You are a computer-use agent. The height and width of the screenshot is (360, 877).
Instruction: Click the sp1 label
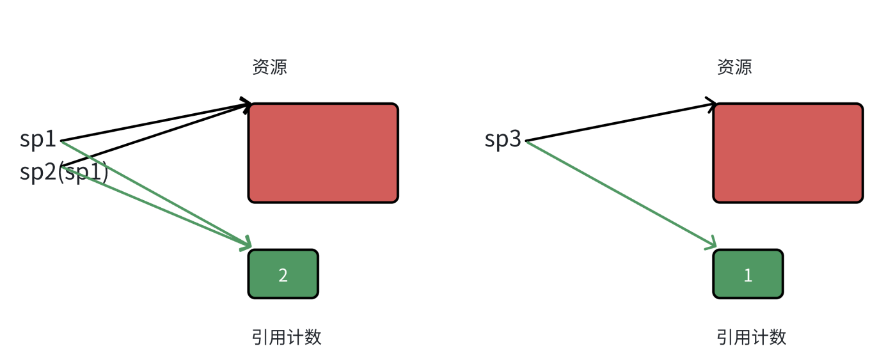pyautogui.click(x=38, y=139)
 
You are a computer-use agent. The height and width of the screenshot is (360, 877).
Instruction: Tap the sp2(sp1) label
pyautogui.click(x=64, y=173)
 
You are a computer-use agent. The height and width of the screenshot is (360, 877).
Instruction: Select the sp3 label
pyautogui.click(x=503, y=139)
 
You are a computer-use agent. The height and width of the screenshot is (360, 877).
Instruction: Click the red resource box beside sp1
pyautogui.click(x=323, y=153)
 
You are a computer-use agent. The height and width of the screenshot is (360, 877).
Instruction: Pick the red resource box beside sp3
pyautogui.click(x=788, y=153)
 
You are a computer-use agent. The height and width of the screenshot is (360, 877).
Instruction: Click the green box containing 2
pyautogui.click(x=283, y=274)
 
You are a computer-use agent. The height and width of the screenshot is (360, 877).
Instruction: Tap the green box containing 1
pyautogui.click(x=748, y=274)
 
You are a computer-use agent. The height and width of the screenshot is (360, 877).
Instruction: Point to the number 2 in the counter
pyautogui.click(x=283, y=275)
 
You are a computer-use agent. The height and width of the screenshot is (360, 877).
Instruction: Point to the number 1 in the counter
pyautogui.click(x=748, y=275)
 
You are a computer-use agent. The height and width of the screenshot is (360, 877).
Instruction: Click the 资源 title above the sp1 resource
pyautogui.click(x=269, y=67)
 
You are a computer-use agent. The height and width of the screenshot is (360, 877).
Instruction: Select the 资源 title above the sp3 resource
pyautogui.click(x=734, y=67)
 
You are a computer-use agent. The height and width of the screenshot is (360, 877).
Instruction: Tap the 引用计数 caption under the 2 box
pyautogui.click(x=287, y=337)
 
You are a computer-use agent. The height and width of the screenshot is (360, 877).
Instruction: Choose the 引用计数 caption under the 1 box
pyautogui.click(x=752, y=337)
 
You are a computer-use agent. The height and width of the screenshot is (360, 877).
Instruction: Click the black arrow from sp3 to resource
pyautogui.click(x=620, y=121)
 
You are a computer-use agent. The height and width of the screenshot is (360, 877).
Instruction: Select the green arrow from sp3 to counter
pyautogui.click(x=620, y=194)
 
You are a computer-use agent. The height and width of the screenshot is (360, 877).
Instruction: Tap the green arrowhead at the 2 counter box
pyautogui.click(x=246, y=245)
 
